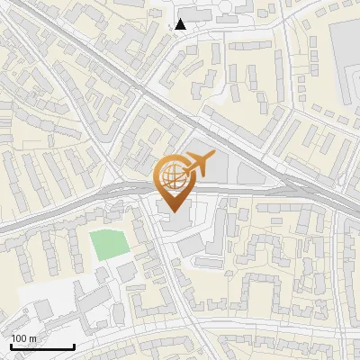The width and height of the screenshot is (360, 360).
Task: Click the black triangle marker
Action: click(181, 24)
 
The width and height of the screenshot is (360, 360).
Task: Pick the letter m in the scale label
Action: click(33, 339)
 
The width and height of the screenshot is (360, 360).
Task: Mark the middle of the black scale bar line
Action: click(42, 347)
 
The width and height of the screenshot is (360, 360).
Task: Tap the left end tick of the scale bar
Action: click(11, 346)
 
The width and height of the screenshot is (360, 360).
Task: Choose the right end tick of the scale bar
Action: click(74, 346)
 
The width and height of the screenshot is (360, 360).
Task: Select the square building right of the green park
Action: click(125, 271)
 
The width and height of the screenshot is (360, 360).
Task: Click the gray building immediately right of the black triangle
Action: click(201, 20)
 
